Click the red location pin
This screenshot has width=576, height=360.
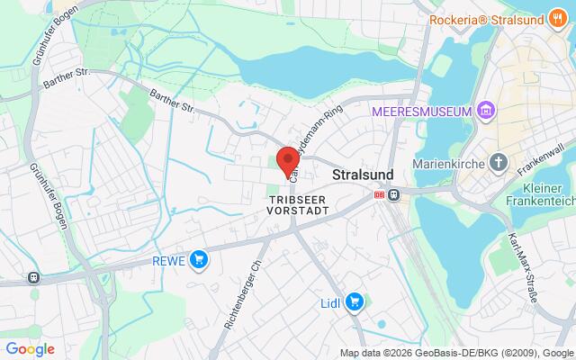coord(288,160)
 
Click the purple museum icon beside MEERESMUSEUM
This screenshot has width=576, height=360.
coord(487,111)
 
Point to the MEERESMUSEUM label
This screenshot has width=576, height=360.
coord(422,111)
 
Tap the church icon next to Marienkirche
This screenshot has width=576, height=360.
coord(499,164)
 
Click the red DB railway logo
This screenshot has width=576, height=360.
coord(379,194)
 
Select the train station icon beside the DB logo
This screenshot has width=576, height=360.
coord(393,194)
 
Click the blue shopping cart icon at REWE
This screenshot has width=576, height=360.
coord(199,260)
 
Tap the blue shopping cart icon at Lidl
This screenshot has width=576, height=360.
coord(355,301)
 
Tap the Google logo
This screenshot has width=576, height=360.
coord(31,349)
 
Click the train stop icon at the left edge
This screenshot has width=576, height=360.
coord(34,278)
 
